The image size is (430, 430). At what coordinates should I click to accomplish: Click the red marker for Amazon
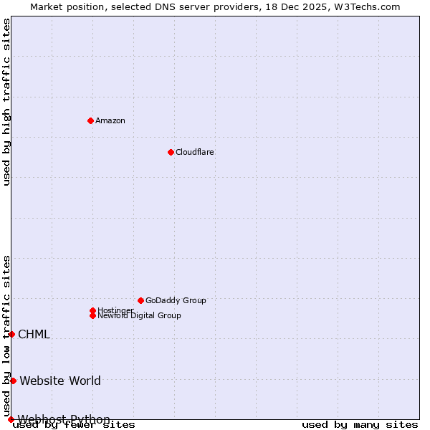click(x=90, y=120)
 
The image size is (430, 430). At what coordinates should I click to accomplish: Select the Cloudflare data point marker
click(x=171, y=152)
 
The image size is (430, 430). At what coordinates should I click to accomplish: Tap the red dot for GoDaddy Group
click(x=140, y=300)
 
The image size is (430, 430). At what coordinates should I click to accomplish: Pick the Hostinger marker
click(x=92, y=310)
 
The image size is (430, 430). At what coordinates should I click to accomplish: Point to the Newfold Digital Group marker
click(x=92, y=315)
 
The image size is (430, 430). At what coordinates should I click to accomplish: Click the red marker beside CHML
click(x=11, y=334)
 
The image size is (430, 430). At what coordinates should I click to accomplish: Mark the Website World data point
click(x=13, y=381)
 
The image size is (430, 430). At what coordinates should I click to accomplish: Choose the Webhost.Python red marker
click(x=11, y=419)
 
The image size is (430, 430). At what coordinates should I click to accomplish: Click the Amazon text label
click(x=110, y=120)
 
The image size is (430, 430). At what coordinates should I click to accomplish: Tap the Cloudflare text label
click(x=195, y=152)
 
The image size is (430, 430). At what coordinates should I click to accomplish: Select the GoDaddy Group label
click(x=176, y=300)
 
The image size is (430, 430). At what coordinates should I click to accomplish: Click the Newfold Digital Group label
click(x=140, y=316)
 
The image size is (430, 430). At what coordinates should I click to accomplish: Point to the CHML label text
click(x=34, y=334)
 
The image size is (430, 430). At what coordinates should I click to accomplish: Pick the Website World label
click(x=60, y=381)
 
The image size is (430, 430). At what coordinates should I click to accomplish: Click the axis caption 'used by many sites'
click(x=360, y=424)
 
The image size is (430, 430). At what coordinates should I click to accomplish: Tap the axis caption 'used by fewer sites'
click(x=75, y=424)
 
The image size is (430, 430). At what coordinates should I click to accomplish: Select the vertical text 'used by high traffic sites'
click(x=6, y=102)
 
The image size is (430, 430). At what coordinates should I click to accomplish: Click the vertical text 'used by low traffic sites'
click(x=6, y=335)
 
